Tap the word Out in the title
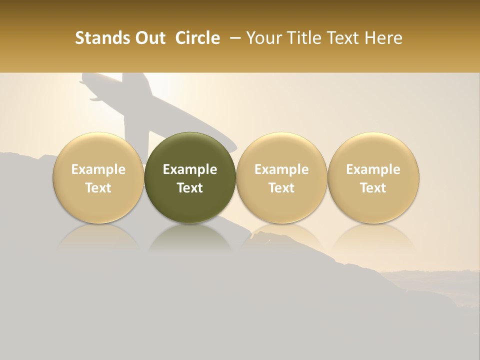click(x=150, y=38)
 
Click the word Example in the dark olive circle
click(x=190, y=169)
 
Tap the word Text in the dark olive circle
click(x=190, y=188)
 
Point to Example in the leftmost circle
click(x=98, y=169)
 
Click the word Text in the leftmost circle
click(x=98, y=188)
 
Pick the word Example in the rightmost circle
click(x=373, y=169)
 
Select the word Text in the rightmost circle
click(x=373, y=188)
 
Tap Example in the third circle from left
click(x=281, y=169)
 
